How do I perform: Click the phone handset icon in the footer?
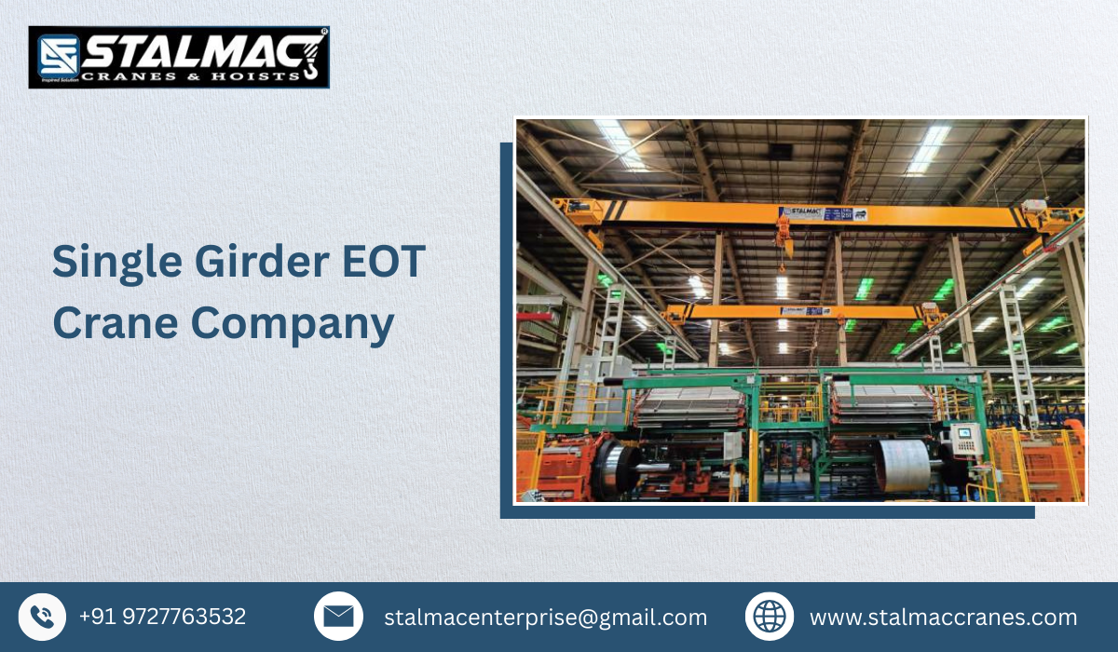[x=42, y=617]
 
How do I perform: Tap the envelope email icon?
[x=338, y=617]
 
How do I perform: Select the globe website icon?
[x=770, y=617]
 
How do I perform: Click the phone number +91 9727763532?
[x=162, y=617]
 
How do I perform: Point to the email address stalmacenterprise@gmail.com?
[x=545, y=618]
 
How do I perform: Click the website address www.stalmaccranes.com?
[x=943, y=618]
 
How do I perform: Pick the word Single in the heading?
[x=102, y=263]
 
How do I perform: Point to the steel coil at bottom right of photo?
[x=905, y=464]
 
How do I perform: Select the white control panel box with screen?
[x=966, y=438]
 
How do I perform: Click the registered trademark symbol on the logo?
[x=323, y=32]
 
